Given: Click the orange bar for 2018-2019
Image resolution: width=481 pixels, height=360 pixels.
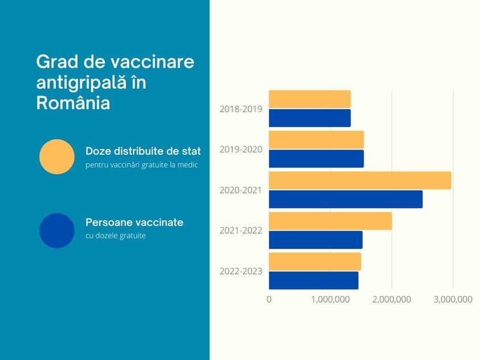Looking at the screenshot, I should [x=310, y=99].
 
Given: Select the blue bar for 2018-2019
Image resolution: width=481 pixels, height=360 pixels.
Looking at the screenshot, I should [x=310, y=118].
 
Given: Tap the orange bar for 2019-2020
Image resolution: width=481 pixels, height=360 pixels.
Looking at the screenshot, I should [x=316, y=140].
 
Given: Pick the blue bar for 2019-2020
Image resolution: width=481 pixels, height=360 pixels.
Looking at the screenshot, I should [x=316, y=159].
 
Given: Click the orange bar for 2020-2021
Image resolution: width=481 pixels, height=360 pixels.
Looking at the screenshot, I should [x=360, y=180].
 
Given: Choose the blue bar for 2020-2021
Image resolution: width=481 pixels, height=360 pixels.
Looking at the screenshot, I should [x=346, y=199].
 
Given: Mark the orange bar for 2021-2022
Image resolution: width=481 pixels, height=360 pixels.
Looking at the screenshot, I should [x=330, y=221].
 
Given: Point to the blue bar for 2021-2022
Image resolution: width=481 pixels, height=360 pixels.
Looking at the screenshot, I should [x=315, y=239].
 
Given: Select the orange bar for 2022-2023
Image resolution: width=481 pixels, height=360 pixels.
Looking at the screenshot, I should [x=315, y=262].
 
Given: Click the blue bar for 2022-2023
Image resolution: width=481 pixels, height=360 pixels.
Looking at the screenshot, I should [x=314, y=280].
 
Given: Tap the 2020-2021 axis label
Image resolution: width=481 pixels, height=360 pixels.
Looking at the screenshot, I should [x=241, y=190].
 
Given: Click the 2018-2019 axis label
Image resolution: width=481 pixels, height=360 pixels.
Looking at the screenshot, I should [x=241, y=109].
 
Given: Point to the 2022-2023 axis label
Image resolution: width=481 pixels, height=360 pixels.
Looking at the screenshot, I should [x=241, y=271].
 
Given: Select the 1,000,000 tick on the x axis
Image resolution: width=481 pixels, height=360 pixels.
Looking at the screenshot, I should [x=331, y=299].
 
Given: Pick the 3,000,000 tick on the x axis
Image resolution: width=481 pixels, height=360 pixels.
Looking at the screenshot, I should [x=453, y=299].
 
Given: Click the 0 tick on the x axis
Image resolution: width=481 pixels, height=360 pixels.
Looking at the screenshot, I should [x=269, y=299].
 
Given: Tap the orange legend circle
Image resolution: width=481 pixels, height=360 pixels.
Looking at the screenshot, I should [x=57, y=156].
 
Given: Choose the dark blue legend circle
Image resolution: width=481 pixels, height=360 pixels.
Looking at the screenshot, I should [x=57, y=230].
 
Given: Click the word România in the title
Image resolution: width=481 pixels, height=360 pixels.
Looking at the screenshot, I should [x=73, y=103].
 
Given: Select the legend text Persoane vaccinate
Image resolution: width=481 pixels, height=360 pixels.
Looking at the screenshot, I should [x=134, y=222].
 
